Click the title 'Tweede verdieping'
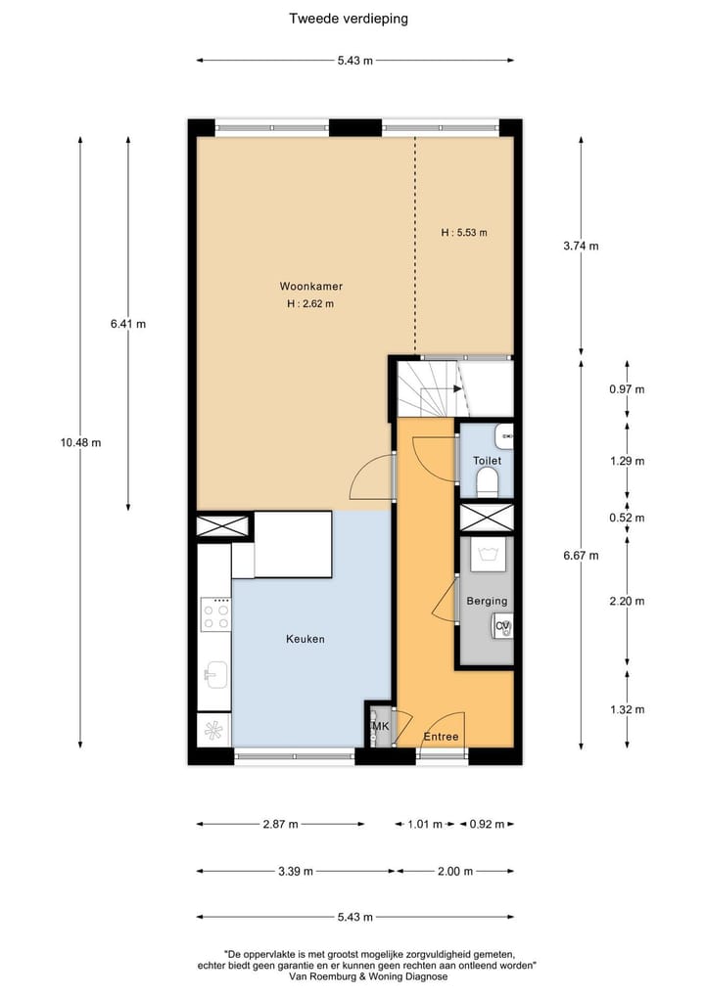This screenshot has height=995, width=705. (349, 18)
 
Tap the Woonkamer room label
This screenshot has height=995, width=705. (310, 287)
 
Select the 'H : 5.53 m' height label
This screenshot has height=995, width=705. (463, 233)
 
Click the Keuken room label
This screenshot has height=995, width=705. (305, 639)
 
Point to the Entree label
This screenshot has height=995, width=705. (441, 737)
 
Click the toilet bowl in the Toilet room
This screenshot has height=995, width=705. (487, 479)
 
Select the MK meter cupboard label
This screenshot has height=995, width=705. (380, 727)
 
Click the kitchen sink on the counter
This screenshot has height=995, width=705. (215, 673)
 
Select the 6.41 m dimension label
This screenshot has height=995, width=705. (127, 324)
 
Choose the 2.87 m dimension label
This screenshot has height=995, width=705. (281, 824)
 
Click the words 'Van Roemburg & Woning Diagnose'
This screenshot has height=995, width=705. (368, 976)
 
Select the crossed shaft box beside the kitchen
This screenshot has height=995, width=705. (224, 526)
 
